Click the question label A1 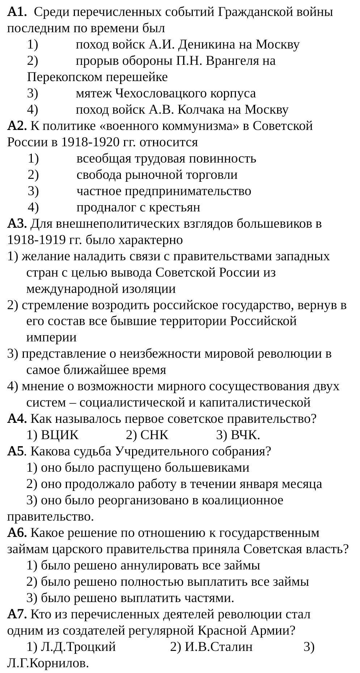pyautogui.click(x=17, y=12)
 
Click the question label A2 pyautogui.click(x=17, y=126)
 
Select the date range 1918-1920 pyautogui.click(x=90, y=142)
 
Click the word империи pyautogui.click(x=51, y=338)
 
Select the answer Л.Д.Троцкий pyautogui.click(x=78, y=647)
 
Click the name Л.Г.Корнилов pyautogui.click(x=48, y=663)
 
